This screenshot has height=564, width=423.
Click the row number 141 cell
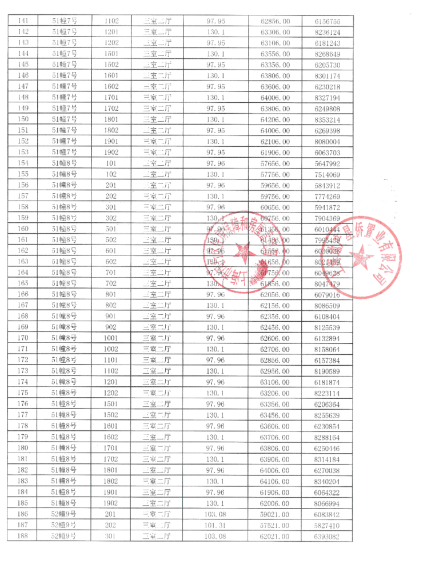[x=23, y=21]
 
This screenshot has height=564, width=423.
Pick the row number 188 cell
[x=23, y=536]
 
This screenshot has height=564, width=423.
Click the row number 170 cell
[x=23, y=338]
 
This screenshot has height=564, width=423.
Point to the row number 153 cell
[x=23, y=153]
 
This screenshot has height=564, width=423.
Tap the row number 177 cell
[x=23, y=415]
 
